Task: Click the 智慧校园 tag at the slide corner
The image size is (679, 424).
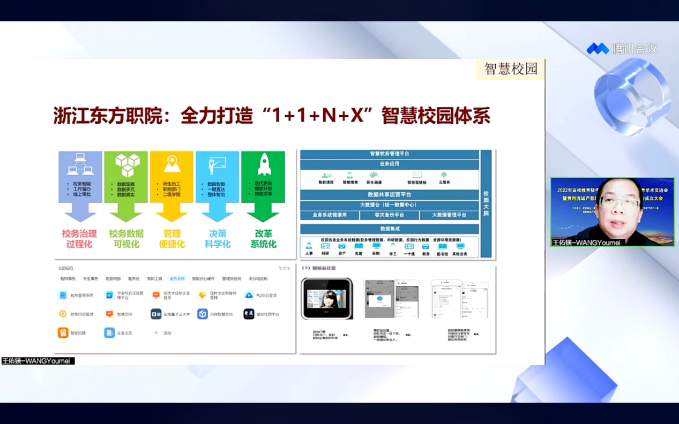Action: [510, 69]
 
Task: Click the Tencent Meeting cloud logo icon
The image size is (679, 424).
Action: [598, 49]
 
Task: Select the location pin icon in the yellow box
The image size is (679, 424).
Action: [171, 164]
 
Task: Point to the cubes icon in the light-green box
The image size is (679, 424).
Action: [127, 165]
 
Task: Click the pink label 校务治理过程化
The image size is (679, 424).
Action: [79, 239]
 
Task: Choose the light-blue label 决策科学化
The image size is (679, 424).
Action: [218, 239]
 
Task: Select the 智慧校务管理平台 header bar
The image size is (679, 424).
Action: [390, 154]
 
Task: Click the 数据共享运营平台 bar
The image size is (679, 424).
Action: [390, 194]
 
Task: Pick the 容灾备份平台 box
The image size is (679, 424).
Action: [389, 215]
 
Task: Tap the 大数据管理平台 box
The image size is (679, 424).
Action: [449, 215]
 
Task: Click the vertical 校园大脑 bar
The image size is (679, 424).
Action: [486, 203]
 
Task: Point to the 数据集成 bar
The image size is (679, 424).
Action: [390, 229]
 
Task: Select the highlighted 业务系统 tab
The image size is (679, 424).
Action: [177, 279]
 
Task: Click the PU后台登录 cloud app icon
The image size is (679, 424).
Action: [249, 295]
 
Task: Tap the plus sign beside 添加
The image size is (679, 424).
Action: [156, 333]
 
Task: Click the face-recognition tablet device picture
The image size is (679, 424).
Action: [327, 299]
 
